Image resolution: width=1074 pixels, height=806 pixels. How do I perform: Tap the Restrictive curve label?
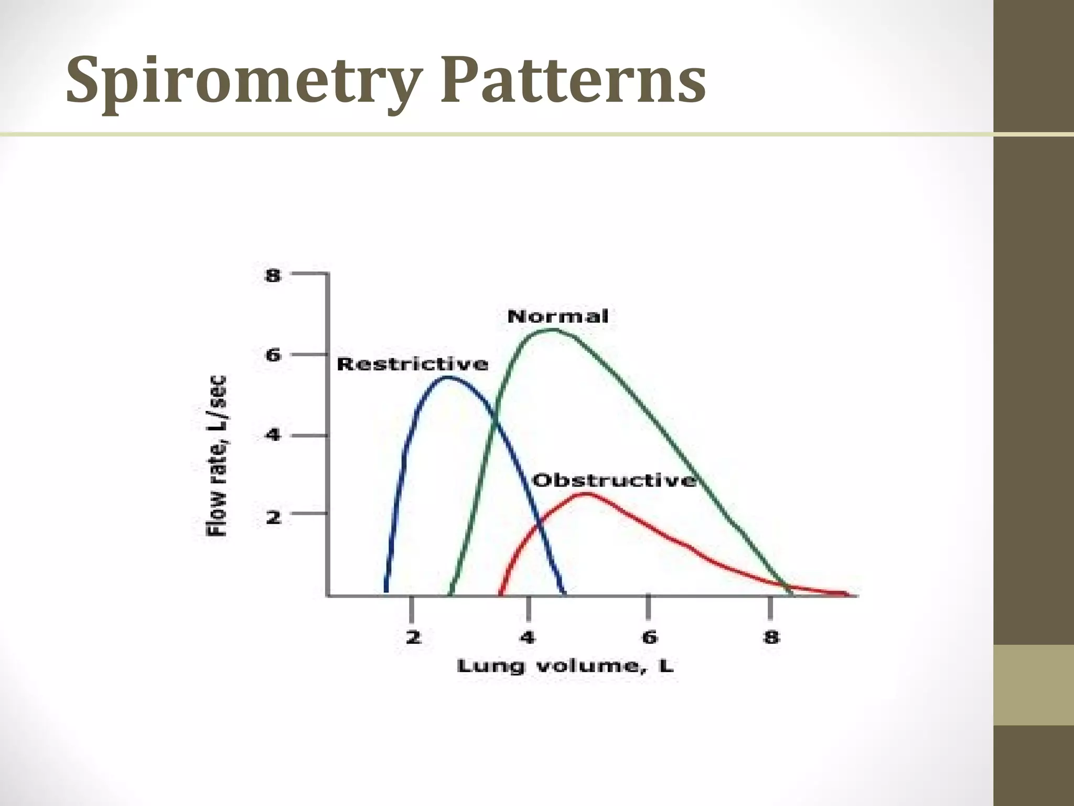click(x=412, y=364)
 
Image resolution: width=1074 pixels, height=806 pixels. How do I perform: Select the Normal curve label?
click(x=558, y=316)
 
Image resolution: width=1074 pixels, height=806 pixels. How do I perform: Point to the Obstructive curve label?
click(x=614, y=480)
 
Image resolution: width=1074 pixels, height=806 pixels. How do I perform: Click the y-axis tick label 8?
click(x=273, y=275)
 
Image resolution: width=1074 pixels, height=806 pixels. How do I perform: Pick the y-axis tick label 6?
click(x=273, y=355)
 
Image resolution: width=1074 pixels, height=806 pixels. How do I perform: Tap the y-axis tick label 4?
click(x=273, y=435)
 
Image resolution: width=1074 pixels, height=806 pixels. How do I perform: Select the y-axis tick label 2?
click(x=273, y=517)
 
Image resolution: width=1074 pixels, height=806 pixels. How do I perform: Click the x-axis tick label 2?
click(x=413, y=637)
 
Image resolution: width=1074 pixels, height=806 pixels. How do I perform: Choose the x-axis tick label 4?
click(x=527, y=637)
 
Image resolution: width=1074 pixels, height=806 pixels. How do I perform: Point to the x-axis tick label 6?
click(x=649, y=637)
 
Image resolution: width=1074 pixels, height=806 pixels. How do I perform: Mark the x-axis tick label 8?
click(x=771, y=637)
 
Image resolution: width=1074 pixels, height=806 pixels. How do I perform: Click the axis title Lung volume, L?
click(x=565, y=666)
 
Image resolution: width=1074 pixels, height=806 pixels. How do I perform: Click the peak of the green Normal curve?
click(x=553, y=330)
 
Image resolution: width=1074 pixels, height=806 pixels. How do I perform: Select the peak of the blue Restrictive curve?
click(x=450, y=377)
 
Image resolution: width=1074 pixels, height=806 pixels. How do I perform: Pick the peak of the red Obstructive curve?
click(x=586, y=494)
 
